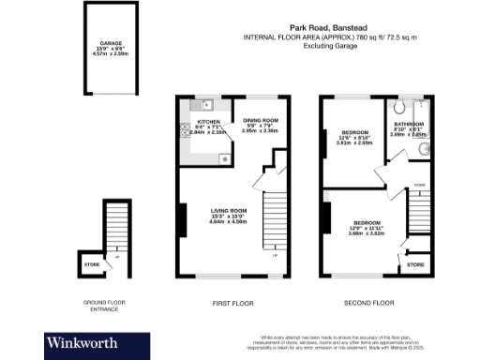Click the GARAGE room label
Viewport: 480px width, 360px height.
tap(112, 42)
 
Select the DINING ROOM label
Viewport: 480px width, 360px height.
tap(262, 120)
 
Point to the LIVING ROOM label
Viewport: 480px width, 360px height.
tap(228, 210)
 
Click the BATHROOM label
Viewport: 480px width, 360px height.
tap(410, 124)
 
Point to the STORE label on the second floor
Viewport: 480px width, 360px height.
tap(415, 265)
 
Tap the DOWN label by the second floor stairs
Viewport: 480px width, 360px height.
tap(419, 186)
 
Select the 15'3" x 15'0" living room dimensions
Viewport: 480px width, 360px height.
tap(228, 216)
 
